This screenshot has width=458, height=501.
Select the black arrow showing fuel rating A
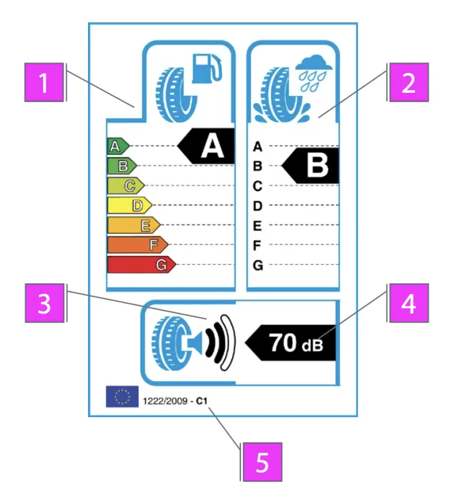207,146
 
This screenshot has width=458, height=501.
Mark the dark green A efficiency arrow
118,146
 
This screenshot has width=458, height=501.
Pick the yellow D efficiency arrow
129,206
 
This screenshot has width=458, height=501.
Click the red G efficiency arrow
141,265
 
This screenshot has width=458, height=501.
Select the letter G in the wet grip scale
258,265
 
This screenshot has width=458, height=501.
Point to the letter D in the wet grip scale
258,206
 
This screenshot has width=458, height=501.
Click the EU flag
122,396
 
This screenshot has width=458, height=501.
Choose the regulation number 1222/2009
162,400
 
